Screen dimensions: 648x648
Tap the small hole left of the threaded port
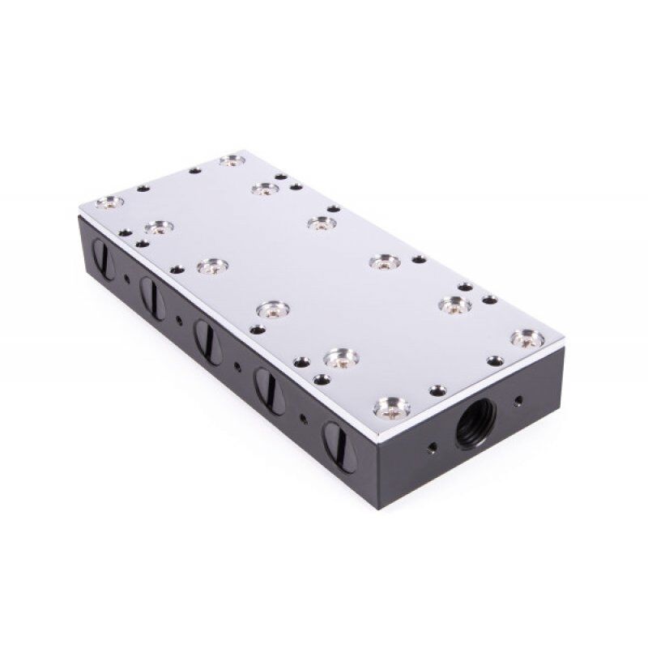coord(433,446)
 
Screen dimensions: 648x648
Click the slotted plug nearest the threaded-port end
coord(339,446)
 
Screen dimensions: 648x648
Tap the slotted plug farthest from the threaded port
coord(103,260)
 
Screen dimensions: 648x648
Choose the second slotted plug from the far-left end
coord(151,298)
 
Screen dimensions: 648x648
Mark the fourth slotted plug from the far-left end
coord(269,391)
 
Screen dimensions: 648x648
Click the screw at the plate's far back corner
coord(232,160)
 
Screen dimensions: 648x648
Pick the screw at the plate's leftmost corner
coord(110,202)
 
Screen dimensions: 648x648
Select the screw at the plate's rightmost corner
coord(527,336)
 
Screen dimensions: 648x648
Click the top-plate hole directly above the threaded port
coord(437,390)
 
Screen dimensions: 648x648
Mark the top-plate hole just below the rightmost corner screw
coord(495,360)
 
